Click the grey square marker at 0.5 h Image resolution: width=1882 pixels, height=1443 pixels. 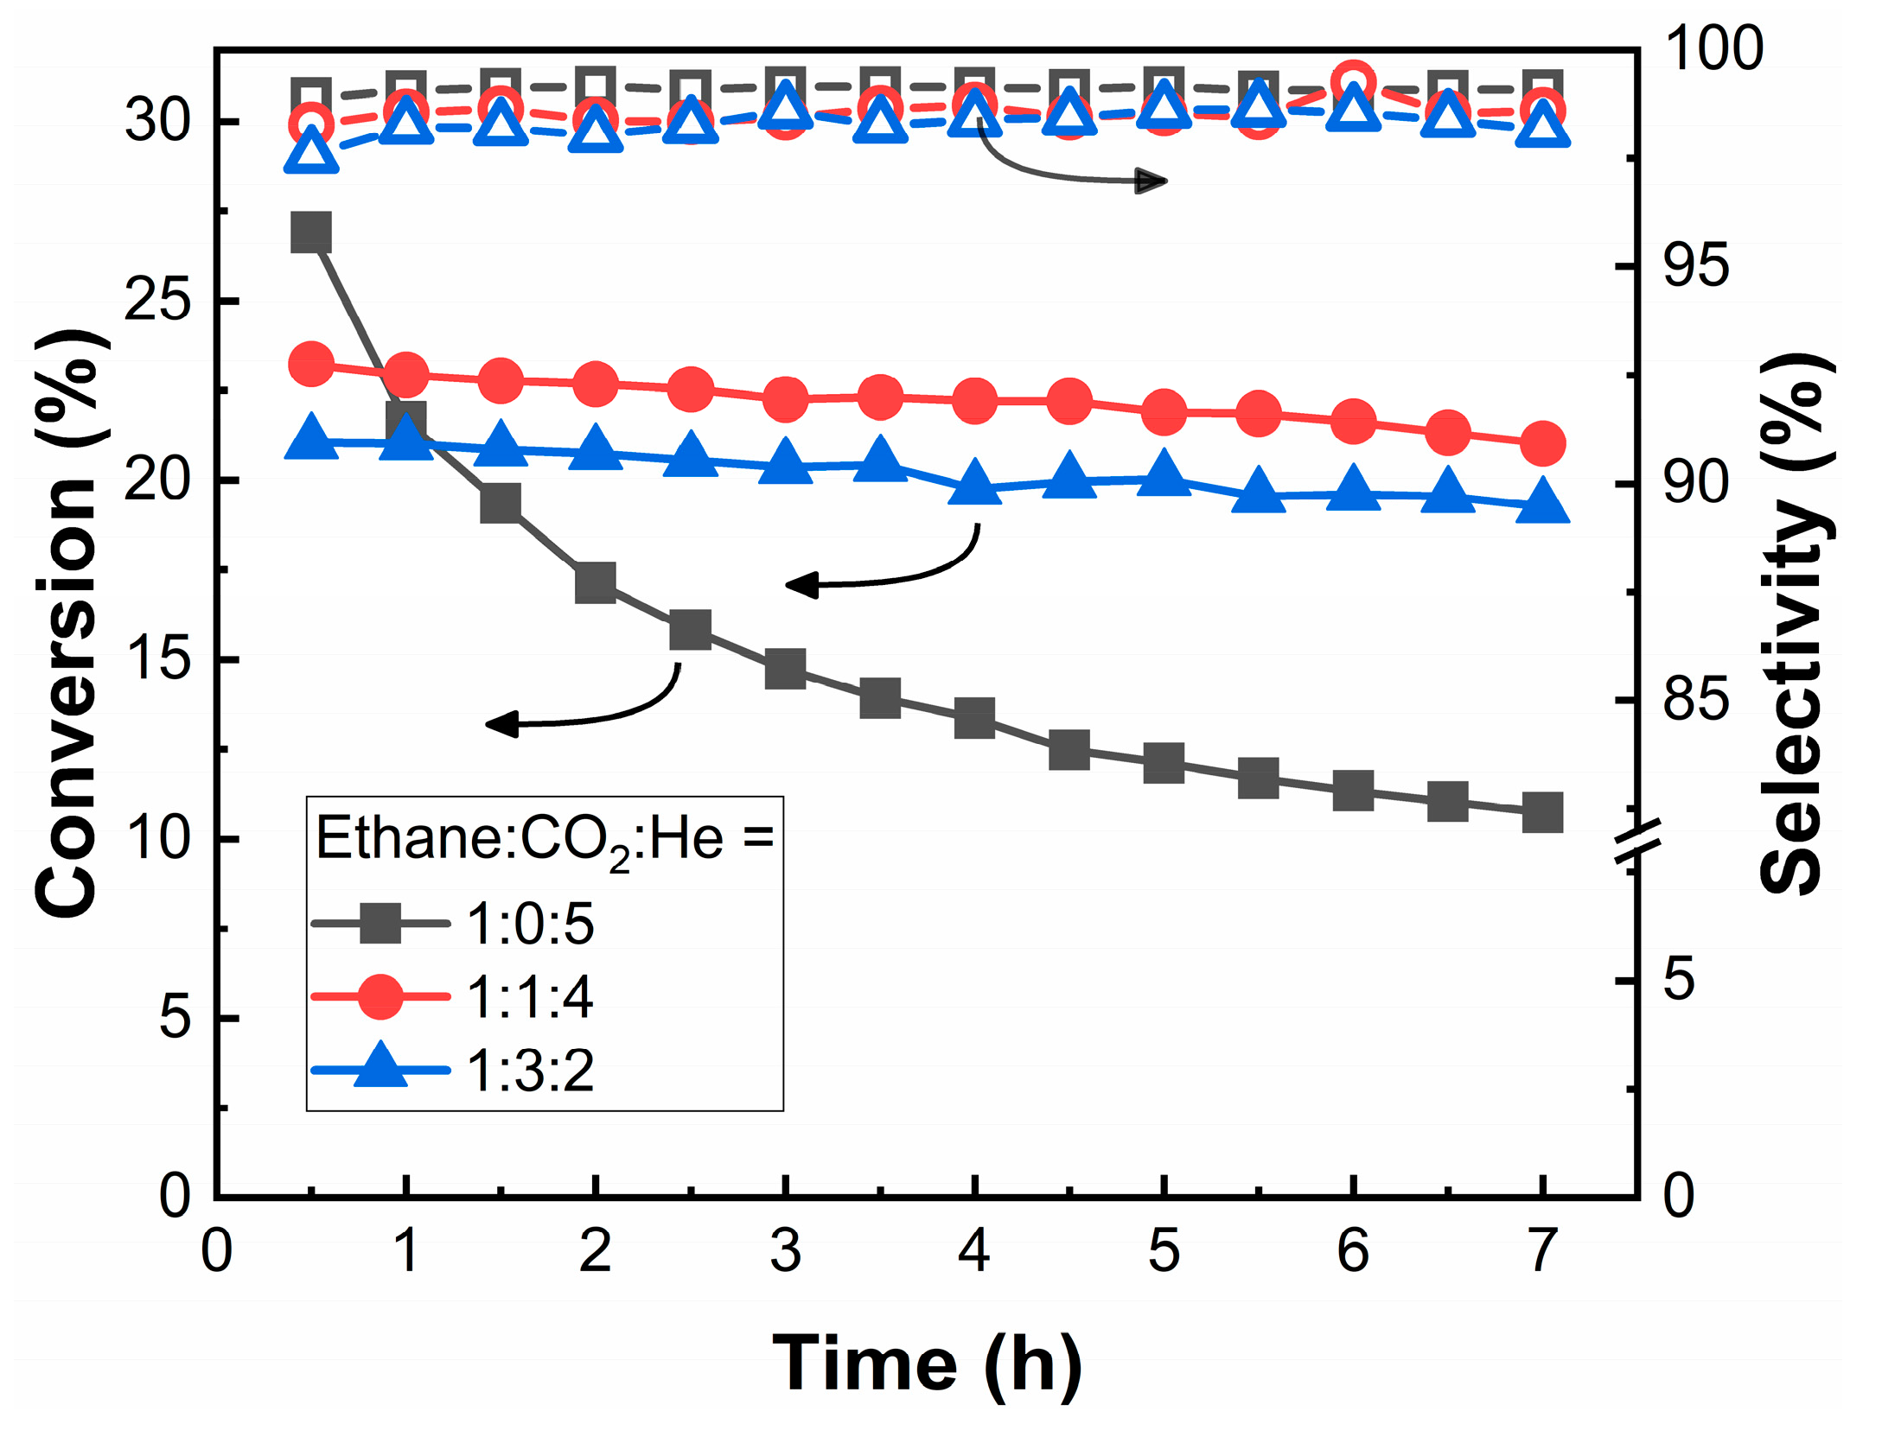(311, 232)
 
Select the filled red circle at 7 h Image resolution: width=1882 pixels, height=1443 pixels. (1542, 443)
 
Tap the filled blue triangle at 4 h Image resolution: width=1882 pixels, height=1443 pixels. (974, 484)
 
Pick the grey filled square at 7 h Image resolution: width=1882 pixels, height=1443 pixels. (1542, 812)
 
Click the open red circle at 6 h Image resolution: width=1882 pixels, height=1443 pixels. (1353, 84)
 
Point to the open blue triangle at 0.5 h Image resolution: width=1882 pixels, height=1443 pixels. (311, 153)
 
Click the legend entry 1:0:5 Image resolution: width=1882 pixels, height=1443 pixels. (529, 925)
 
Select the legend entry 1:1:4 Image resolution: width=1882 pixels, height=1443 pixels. (529, 997)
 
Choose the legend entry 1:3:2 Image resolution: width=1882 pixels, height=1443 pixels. (529, 1071)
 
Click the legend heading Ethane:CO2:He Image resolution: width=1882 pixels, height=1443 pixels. (545, 840)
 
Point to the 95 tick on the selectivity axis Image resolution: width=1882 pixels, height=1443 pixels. (1695, 264)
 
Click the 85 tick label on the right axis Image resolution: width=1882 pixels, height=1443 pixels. (1695, 699)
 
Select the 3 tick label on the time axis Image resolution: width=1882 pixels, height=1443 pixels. (785, 1250)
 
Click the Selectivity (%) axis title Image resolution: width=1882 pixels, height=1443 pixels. (1794, 622)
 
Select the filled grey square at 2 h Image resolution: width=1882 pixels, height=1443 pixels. (596, 582)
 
